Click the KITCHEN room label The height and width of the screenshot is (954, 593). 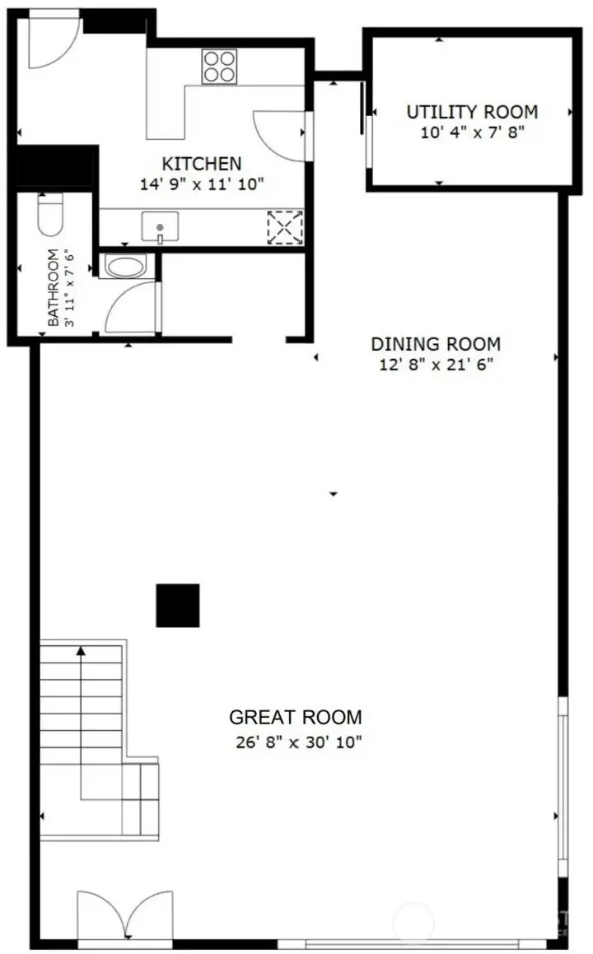(x=201, y=164)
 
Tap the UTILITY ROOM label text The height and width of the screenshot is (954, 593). (x=472, y=112)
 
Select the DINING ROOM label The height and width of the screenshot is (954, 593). (x=435, y=344)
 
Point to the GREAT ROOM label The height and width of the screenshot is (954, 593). (x=295, y=717)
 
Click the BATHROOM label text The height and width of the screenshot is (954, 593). (x=54, y=288)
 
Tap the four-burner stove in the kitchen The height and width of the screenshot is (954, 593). (x=218, y=66)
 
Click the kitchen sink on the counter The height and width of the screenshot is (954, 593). (x=160, y=226)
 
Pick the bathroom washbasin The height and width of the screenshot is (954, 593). (x=124, y=267)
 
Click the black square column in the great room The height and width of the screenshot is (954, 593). (x=178, y=605)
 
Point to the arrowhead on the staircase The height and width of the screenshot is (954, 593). (x=81, y=651)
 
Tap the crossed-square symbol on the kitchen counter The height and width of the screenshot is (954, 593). (x=285, y=227)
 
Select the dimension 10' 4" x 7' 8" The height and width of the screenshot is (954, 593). (x=472, y=132)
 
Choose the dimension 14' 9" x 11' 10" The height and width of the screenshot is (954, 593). (x=201, y=184)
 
